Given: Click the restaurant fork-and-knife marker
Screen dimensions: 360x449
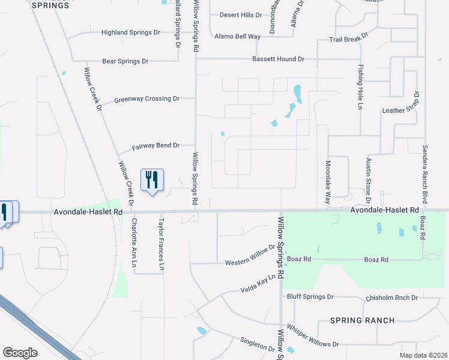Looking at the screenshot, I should tap(151, 180).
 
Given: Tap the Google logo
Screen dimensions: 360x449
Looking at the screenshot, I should tap(20, 353).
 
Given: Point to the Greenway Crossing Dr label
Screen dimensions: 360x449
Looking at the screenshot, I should tap(147, 98).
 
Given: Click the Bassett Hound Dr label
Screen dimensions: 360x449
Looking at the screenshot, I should tap(279, 59).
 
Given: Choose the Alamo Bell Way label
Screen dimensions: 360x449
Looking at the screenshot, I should tap(238, 37).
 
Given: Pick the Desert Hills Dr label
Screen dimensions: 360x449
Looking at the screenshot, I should tap(241, 15).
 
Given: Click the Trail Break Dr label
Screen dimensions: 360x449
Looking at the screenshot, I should tap(349, 40).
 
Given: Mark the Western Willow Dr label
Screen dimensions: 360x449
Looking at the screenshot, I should tap(250, 263).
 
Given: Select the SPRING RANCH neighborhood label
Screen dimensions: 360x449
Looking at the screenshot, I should tap(362, 320).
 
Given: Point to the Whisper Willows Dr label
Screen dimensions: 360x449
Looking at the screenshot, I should tap(313, 337).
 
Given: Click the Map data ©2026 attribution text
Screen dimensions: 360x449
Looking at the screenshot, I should tap(424, 355).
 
